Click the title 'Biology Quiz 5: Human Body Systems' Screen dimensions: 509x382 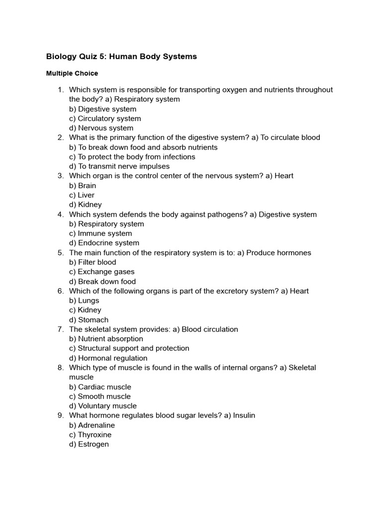[x=121, y=57]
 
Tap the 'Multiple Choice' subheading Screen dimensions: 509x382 [x=72, y=73]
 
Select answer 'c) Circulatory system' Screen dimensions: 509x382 [x=105, y=118]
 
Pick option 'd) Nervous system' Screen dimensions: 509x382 [x=101, y=128]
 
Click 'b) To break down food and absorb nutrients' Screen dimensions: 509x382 [x=143, y=147]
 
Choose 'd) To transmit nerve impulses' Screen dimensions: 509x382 [x=119, y=166]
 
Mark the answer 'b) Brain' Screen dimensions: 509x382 [x=83, y=185]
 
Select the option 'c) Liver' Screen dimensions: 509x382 [x=82, y=195]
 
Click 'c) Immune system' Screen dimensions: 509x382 [x=100, y=233]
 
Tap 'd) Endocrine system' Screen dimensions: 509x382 [x=104, y=243]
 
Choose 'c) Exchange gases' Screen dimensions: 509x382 [x=101, y=271]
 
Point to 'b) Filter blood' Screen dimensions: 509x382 [x=93, y=262]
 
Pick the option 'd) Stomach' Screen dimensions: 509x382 [x=89, y=320]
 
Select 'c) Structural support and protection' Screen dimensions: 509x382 [x=129, y=348]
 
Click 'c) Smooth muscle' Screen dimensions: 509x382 [x=100, y=396]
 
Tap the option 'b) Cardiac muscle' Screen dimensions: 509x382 [x=100, y=387]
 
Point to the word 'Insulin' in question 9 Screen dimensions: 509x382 [x=244, y=415]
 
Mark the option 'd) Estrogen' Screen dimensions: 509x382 [x=89, y=444]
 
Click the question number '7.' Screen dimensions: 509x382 [x=61, y=329]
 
